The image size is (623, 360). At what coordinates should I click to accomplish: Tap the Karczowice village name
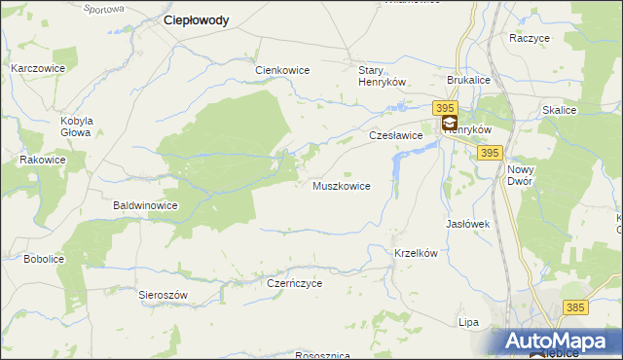point(37,69)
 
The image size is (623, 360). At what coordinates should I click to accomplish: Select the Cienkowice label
point(281,71)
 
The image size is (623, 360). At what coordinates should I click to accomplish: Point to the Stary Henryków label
point(381,77)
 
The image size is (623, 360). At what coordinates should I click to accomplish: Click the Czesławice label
point(395,136)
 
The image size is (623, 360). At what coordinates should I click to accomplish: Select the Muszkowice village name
point(341,186)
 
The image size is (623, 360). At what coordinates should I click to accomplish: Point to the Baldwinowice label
point(145,206)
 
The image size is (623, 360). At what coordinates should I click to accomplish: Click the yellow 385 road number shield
point(574,307)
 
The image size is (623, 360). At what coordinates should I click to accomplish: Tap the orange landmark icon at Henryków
point(450,124)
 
